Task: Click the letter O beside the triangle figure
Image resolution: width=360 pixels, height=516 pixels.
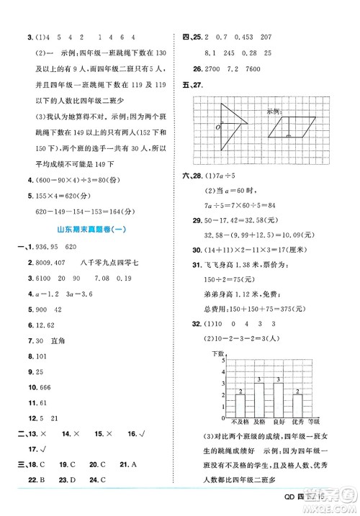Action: click(199, 127)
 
